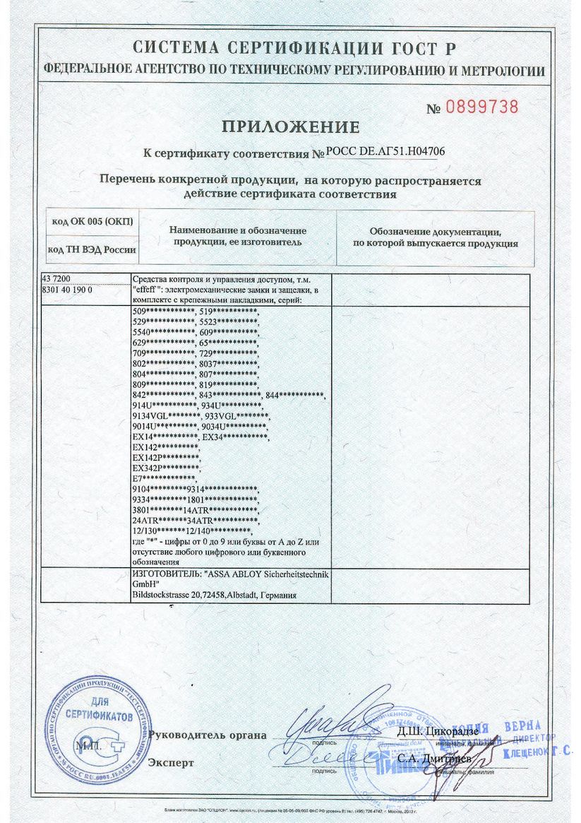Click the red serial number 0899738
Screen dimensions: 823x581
tap(483, 107)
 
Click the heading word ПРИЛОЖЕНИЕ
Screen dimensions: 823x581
tap(291, 127)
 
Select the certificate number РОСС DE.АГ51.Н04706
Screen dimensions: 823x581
tap(385, 152)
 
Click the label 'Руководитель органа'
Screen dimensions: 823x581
tap(208, 735)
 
